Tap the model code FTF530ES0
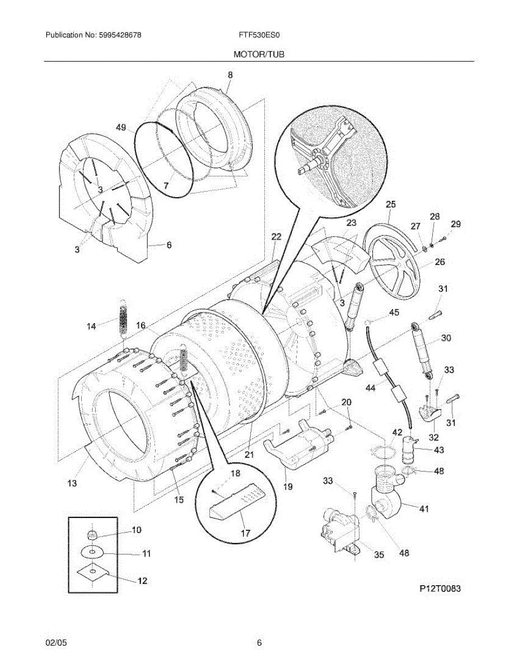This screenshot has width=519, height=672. tap(259, 35)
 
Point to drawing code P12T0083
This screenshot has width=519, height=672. tap(441, 589)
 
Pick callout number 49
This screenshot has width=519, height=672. tap(121, 128)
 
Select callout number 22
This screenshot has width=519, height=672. tap(275, 237)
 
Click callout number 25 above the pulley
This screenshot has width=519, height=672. tap(390, 204)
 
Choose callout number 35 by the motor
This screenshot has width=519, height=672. tap(379, 555)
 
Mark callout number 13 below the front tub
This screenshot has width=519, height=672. tap(72, 483)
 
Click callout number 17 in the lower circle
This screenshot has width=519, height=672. tap(245, 533)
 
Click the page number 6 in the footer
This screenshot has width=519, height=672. tap(259, 643)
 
